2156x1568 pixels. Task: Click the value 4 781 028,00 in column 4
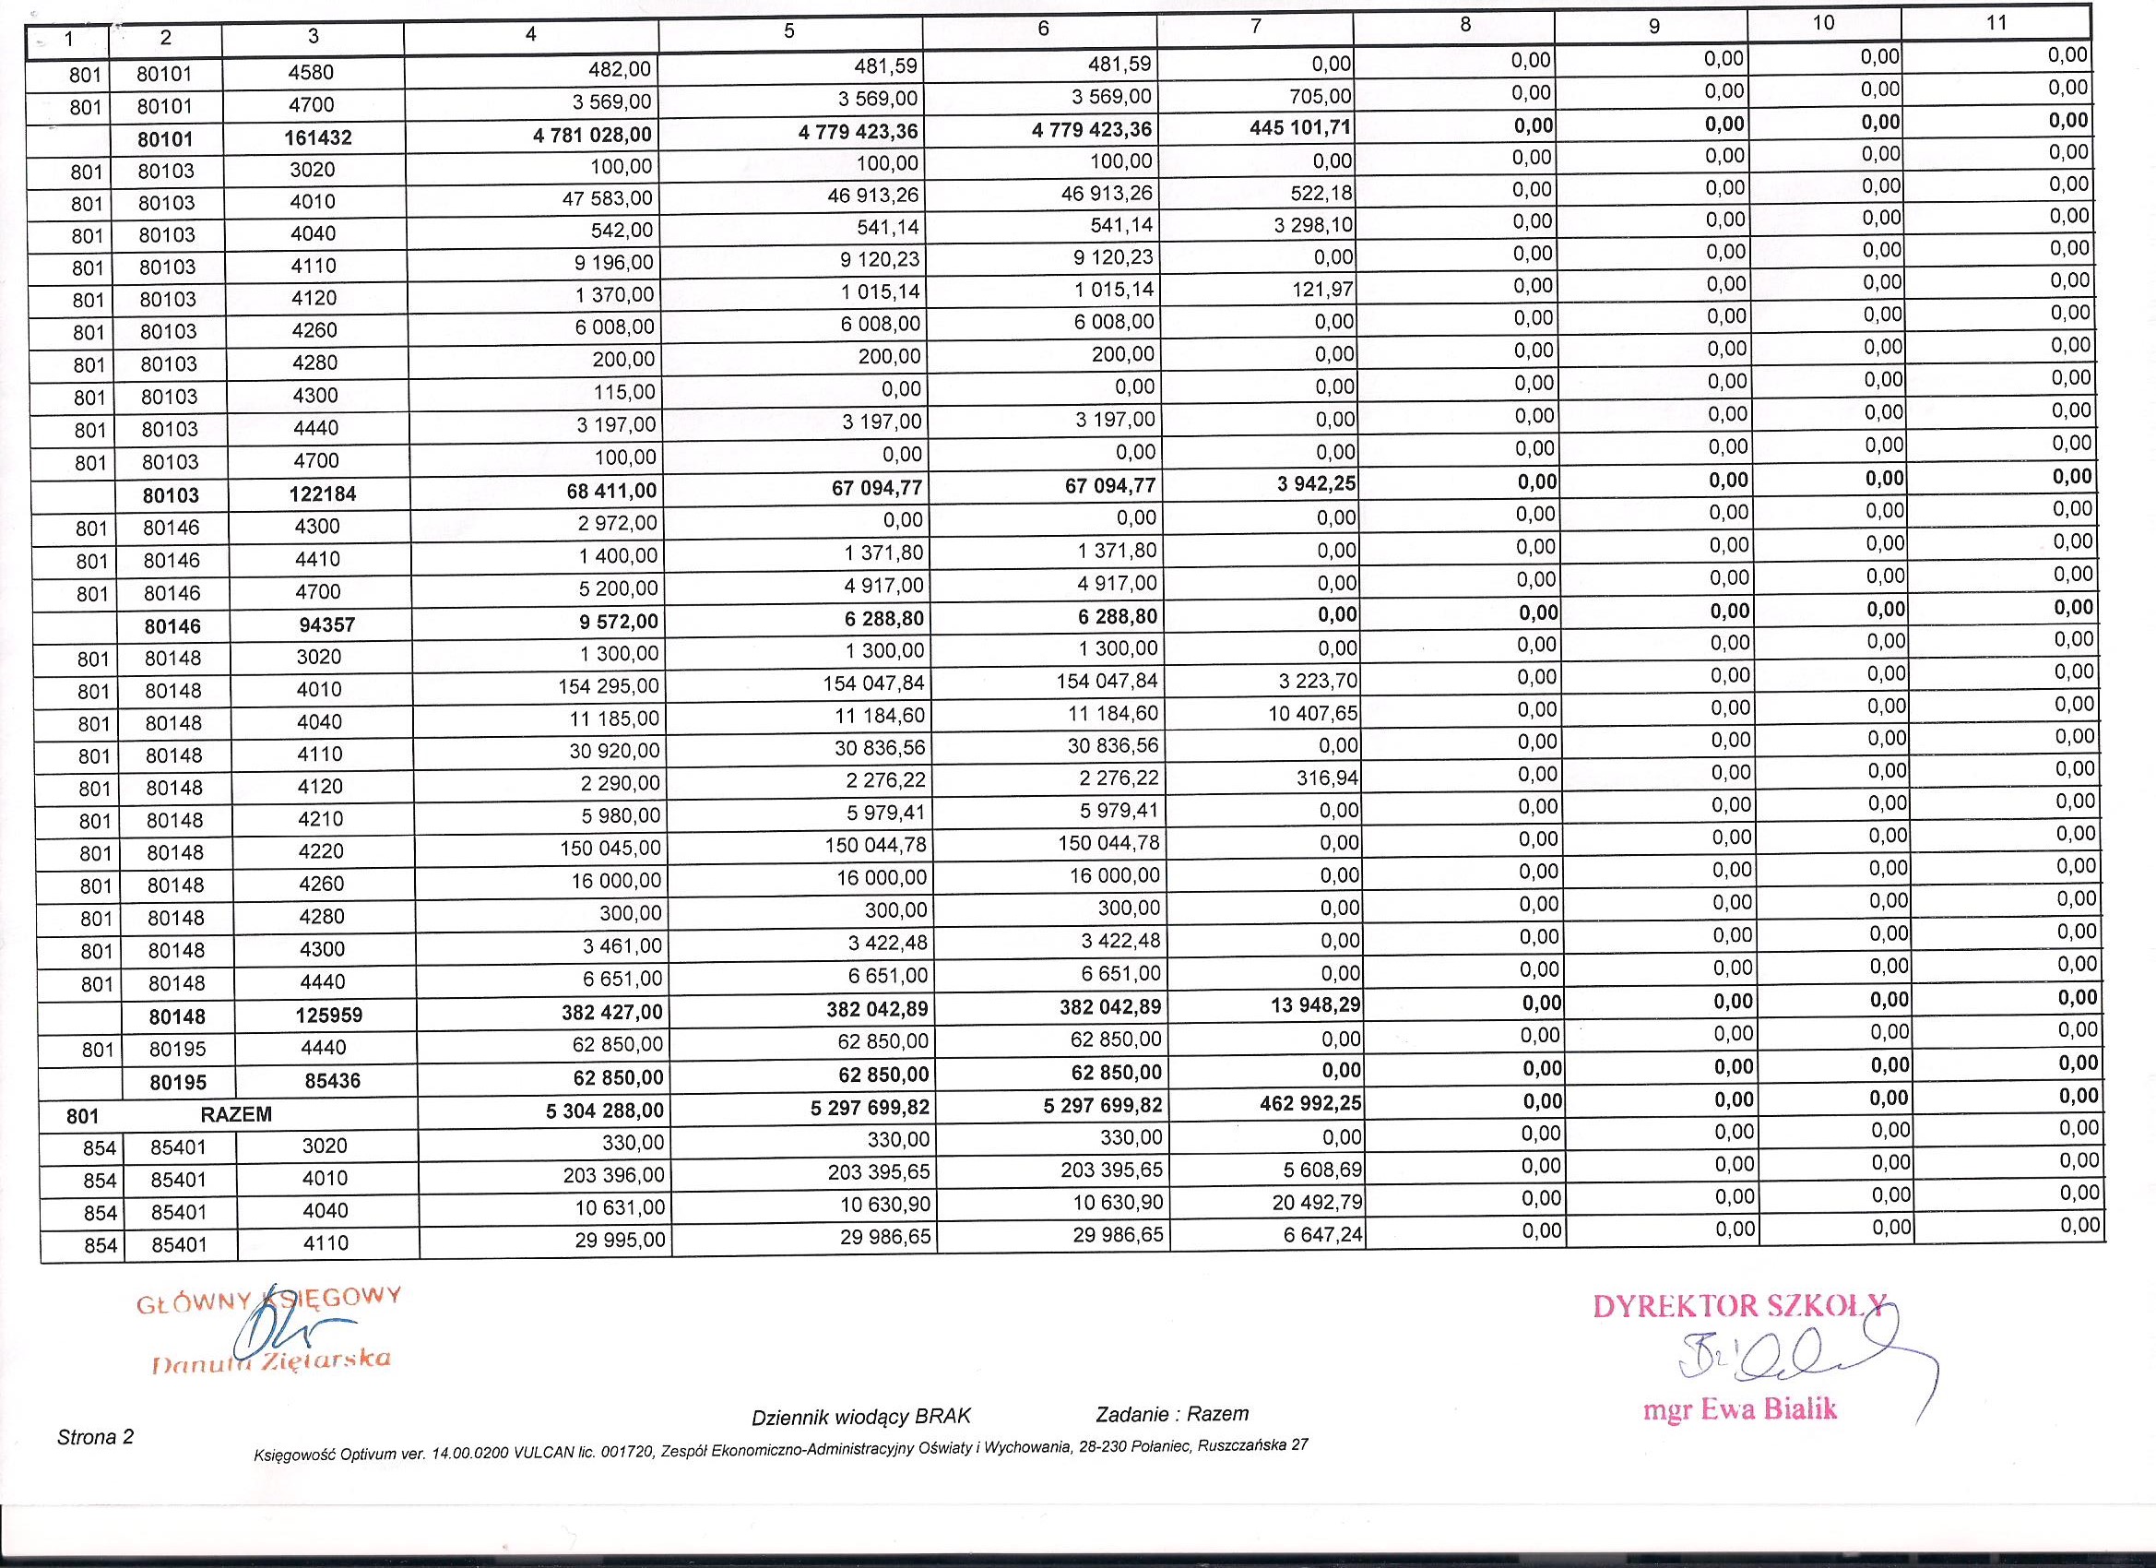pos(592,135)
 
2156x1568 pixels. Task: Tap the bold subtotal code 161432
pos(314,137)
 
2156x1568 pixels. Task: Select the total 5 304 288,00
pos(605,1111)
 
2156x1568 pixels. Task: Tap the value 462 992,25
pos(1305,1104)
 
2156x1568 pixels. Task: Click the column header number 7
pos(1255,28)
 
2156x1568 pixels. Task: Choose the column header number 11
pos(1996,23)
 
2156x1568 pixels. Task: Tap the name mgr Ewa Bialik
pos(1739,1408)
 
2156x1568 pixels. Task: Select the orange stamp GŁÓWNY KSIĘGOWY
pos(269,1300)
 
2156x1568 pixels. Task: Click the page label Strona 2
pos(95,1437)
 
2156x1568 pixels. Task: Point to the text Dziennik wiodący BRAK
pos(861,1417)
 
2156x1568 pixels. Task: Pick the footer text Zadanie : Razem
pos(1172,1414)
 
